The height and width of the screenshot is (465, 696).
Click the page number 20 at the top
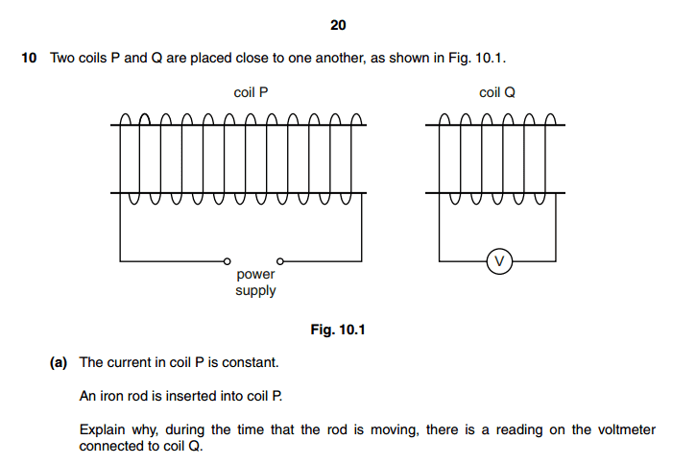pyautogui.click(x=338, y=25)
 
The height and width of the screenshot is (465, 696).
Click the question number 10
pyautogui.click(x=29, y=59)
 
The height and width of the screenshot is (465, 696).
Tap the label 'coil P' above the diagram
pyautogui.click(x=251, y=92)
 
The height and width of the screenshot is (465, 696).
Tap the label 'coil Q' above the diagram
pyautogui.click(x=497, y=92)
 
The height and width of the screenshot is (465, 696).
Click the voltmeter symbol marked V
pyautogui.click(x=499, y=261)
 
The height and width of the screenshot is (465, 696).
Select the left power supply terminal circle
pyautogui.click(x=227, y=261)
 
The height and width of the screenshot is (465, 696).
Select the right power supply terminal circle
pyautogui.click(x=280, y=261)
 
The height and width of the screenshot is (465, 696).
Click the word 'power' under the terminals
pyautogui.click(x=255, y=275)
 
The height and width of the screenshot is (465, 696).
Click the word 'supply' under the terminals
pyautogui.click(x=255, y=291)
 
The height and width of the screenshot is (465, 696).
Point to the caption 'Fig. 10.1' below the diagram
pyautogui.click(x=338, y=330)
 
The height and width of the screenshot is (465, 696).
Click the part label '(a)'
pyautogui.click(x=59, y=363)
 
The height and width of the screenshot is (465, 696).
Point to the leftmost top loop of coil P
pyautogui.click(x=126, y=119)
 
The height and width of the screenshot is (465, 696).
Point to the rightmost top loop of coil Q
pyautogui.click(x=550, y=119)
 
